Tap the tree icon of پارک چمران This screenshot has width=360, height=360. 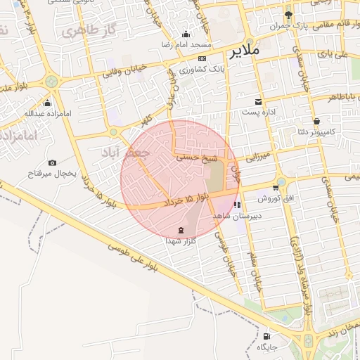click(x=288, y=15)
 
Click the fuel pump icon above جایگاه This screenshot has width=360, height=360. click(x=267, y=336)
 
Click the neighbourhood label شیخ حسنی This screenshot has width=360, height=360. click(x=192, y=160)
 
